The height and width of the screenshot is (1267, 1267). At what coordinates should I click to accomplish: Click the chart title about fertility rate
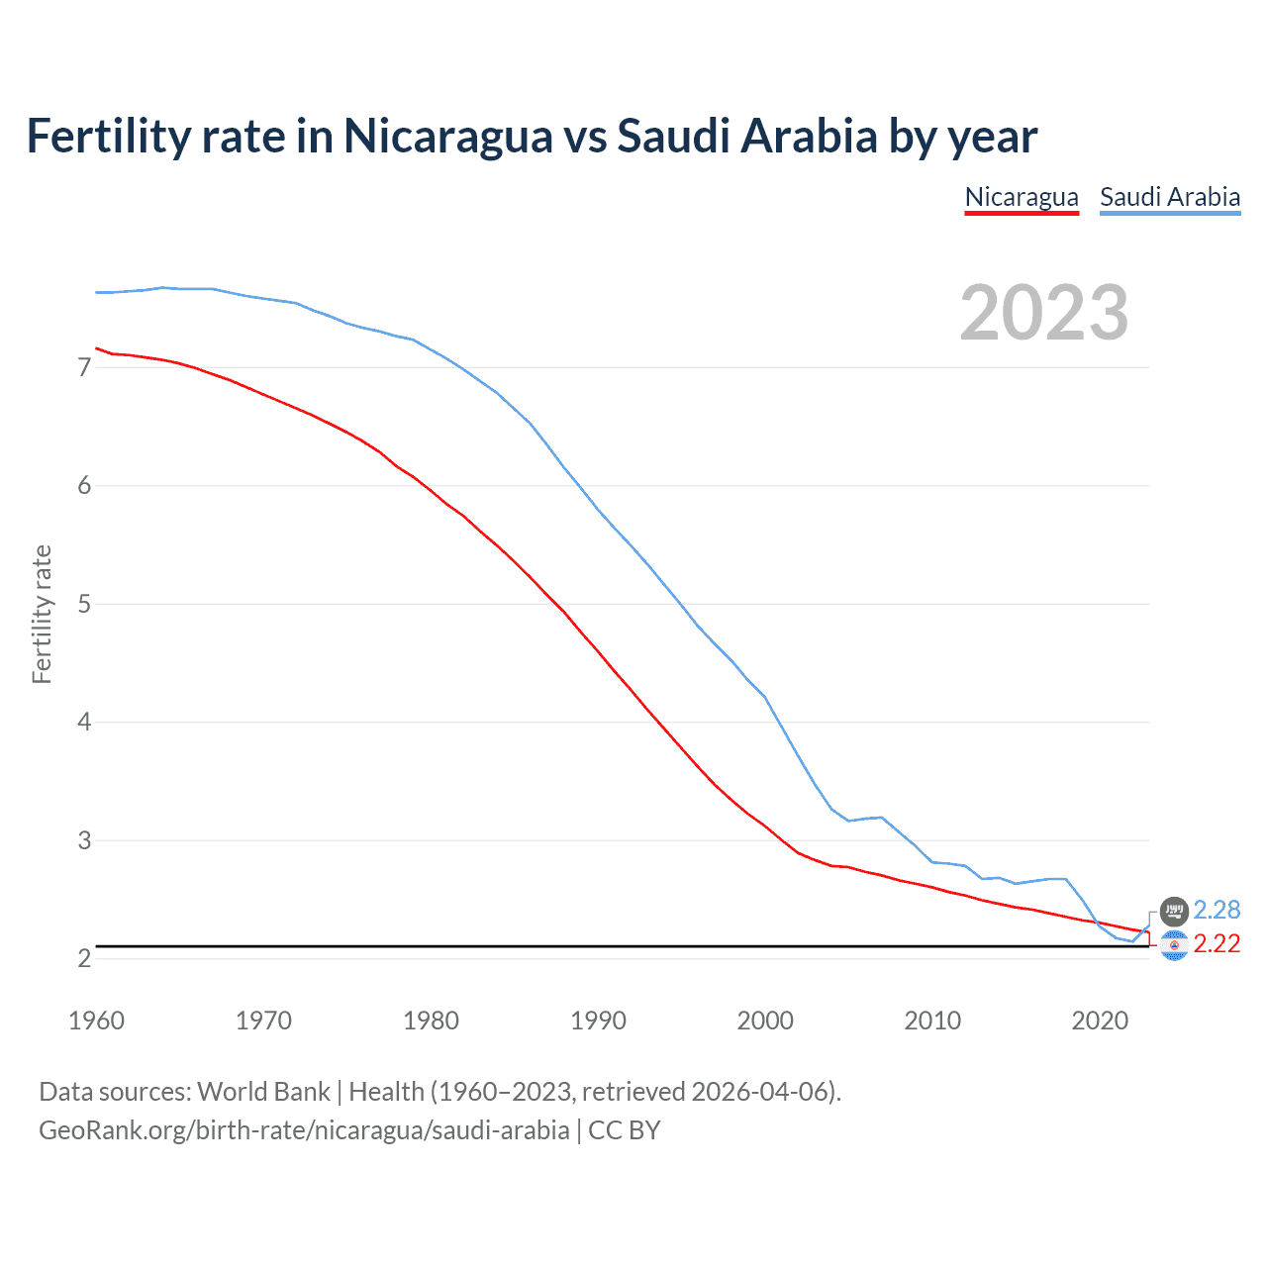point(532,137)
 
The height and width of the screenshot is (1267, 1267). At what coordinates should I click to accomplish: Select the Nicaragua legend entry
point(1022,197)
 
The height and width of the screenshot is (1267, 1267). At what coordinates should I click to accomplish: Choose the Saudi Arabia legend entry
point(1170,197)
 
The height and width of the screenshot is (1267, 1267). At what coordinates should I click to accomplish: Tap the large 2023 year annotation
point(1044,313)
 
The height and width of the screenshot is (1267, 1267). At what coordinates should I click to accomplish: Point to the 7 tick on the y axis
point(84,367)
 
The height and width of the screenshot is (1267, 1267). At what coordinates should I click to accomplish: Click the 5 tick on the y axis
point(84,604)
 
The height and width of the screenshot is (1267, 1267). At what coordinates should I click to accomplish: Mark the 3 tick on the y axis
point(84,840)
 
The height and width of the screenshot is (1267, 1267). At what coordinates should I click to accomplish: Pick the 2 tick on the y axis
point(84,958)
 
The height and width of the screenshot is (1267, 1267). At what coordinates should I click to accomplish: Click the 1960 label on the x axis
point(96,1021)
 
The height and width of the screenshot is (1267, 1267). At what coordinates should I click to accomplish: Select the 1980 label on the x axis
point(431,1021)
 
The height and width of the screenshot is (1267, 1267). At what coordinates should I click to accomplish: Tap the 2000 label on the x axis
point(765,1021)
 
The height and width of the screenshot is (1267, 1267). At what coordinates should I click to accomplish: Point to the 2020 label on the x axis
point(1100,1021)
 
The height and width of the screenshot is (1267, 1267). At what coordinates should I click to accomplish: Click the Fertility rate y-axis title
point(42,614)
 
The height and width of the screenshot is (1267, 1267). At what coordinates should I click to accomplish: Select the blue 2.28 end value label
point(1217,910)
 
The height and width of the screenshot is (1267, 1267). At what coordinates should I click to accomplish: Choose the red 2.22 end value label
point(1217,944)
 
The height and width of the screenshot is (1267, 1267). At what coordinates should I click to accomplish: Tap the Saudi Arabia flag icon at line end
point(1174,911)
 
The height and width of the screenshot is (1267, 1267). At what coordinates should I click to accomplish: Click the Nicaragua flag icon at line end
point(1174,946)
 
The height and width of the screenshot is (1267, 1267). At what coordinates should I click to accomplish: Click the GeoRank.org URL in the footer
point(304,1130)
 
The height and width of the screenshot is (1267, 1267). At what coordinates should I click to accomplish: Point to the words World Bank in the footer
point(263,1092)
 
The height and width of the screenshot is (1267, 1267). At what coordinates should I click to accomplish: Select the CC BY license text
point(625,1130)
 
